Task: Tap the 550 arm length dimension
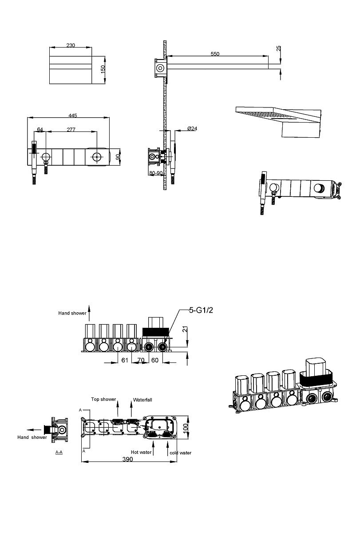click(215, 54)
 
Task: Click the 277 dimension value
click(71, 130)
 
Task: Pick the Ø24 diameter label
click(192, 128)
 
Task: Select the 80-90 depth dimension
click(156, 173)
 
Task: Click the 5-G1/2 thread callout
click(202, 310)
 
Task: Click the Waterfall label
click(143, 400)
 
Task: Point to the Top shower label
click(103, 399)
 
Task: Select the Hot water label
click(141, 452)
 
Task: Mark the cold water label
click(180, 453)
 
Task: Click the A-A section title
click(59, 452)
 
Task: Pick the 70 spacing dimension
click(141, 360)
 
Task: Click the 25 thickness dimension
click(279, 48)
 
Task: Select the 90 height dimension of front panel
click(118, 157)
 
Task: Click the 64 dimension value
click(40, 130)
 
